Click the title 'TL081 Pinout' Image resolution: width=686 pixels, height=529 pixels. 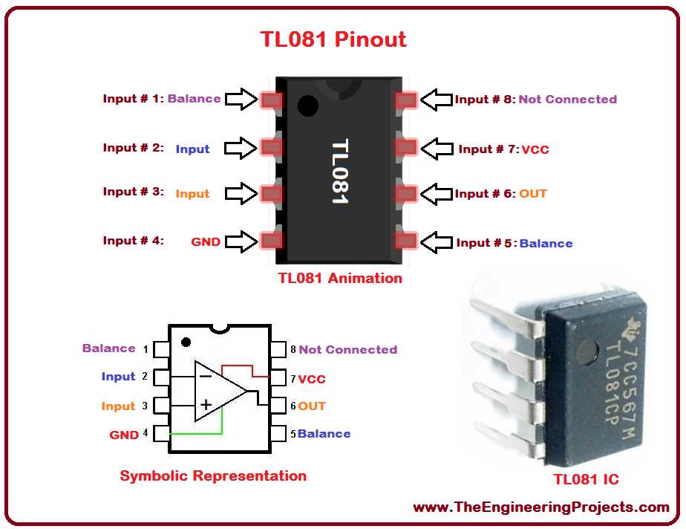point(333,39)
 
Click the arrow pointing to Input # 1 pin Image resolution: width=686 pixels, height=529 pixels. point(241,99)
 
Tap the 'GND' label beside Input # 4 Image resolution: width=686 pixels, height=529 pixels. point(206,241)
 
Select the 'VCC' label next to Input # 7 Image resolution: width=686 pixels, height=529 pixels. point(535,149)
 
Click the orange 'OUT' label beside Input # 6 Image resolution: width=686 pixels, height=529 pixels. point(532,194)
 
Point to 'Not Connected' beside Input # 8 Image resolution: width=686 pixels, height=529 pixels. point(567,99)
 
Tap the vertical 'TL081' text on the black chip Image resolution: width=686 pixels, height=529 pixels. point(339,172)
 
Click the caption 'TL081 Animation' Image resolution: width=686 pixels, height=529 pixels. point(340,279)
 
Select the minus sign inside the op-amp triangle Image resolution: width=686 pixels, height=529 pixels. point(206,376)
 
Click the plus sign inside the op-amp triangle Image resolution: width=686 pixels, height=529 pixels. point(206,406)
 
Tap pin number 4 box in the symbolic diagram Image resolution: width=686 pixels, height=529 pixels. point(161,433)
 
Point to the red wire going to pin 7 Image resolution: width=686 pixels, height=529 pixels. point(241,366)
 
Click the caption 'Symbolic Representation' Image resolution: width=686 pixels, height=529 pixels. point(213,476)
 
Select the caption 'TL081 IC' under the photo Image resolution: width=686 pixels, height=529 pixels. point(586,479)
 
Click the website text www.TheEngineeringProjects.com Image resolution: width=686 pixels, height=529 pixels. point(541,507)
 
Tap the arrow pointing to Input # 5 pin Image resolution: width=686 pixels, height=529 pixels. point(437,242)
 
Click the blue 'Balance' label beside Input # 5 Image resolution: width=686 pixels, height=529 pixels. point(546,243)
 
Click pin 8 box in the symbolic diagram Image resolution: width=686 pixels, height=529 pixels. point(279,349)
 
